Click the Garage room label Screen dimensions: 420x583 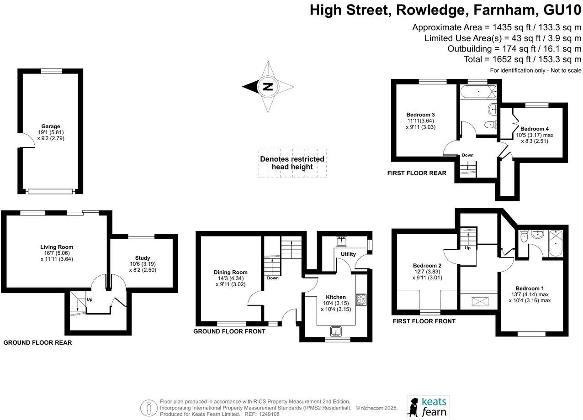point(51,126)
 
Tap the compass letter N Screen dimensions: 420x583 point(268,86)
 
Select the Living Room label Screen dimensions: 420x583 point(57,247)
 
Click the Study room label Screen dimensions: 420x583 point(143,258)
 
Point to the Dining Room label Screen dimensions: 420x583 point(230,272)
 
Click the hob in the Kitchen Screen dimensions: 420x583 point(361,299)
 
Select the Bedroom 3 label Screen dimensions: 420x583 point(420,115)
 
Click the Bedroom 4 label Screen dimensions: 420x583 point(534,129)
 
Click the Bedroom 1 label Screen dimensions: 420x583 point(530,288)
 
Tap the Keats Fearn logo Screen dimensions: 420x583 point(428,407)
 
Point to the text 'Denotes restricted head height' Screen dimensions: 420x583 point(292,163)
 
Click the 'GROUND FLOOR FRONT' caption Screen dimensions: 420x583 point(229,331)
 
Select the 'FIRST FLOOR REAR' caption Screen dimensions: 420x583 point(416,173)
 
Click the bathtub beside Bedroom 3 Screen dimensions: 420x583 point(478,91)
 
